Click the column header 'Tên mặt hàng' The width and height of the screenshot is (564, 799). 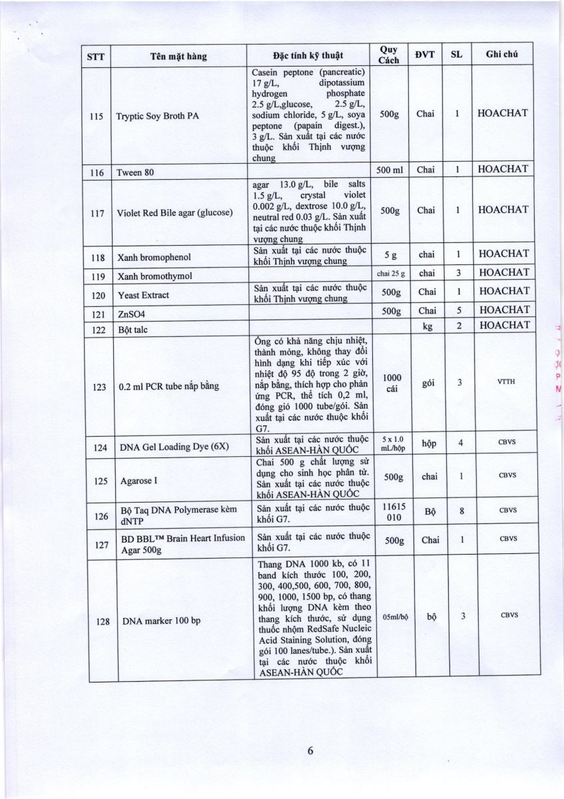point(178,56)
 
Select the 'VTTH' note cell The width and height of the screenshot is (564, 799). point(503,382)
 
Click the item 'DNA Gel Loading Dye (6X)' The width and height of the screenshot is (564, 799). point(172,447)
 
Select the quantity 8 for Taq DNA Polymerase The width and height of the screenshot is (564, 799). point(461,512)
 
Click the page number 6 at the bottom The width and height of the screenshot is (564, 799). point(310,751)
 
